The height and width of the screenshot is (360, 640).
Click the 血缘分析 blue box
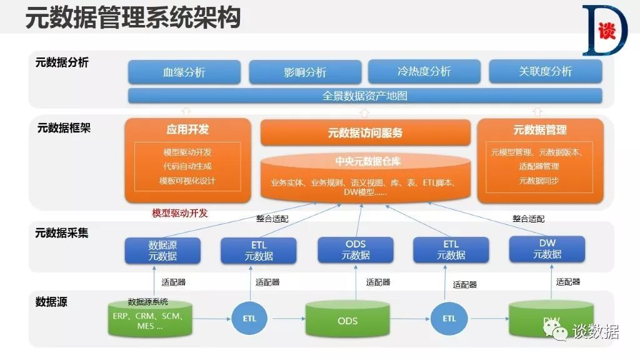[x=184, y=72]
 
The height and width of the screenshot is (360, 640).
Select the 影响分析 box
[x=305, y=72]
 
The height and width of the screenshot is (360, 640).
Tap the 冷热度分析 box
[x=424, y=71]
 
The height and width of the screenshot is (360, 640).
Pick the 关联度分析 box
[x=545, y=71]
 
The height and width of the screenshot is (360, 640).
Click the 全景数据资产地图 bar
[x=365, y=96]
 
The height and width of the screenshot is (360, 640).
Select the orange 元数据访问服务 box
[x=365, y=132]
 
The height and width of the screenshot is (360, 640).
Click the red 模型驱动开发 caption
[x=180, y=213]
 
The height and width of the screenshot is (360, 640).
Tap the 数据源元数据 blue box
[x=162, y=250]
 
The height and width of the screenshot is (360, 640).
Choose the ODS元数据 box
[x=356, y=249]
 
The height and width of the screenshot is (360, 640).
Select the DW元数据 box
[x=547, y=249]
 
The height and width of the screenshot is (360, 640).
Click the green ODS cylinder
[x=347, y=319]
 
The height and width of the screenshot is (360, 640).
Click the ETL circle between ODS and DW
[x=449, y=318]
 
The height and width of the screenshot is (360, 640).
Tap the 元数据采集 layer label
[x=62, y=233]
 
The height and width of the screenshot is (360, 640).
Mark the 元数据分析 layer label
[x=62, y=62]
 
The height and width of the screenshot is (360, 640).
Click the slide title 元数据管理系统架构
[x=133, y=18]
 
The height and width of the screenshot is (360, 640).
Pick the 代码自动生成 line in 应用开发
[x=187, y=166]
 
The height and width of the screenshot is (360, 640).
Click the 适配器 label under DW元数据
[x=568, y=282]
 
